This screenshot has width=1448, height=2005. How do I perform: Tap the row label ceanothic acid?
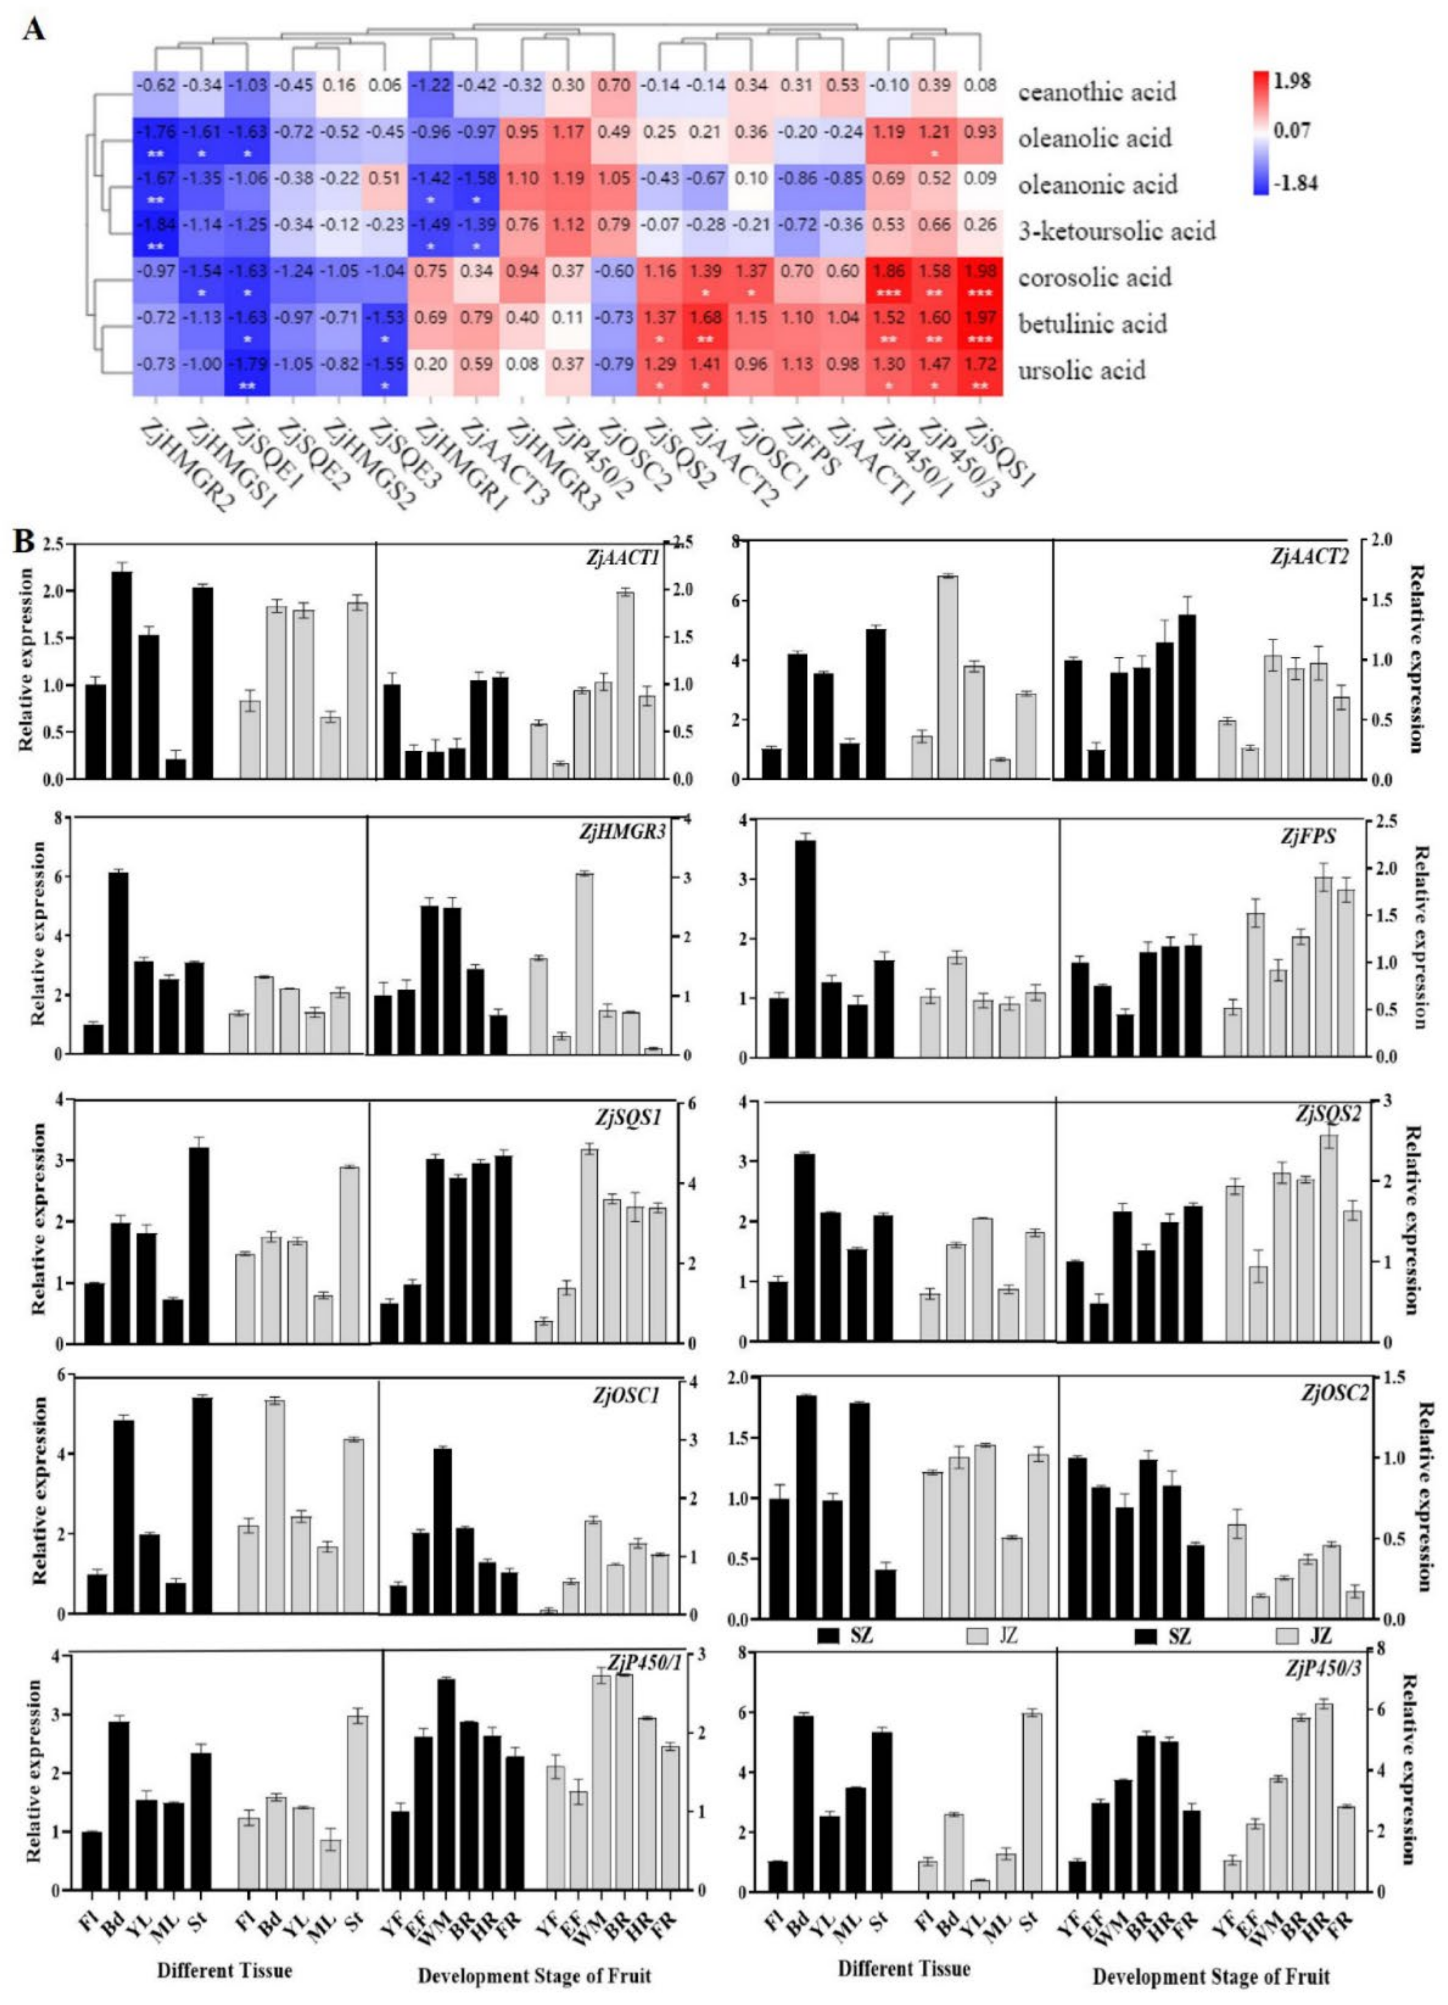tap(1096, 92)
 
